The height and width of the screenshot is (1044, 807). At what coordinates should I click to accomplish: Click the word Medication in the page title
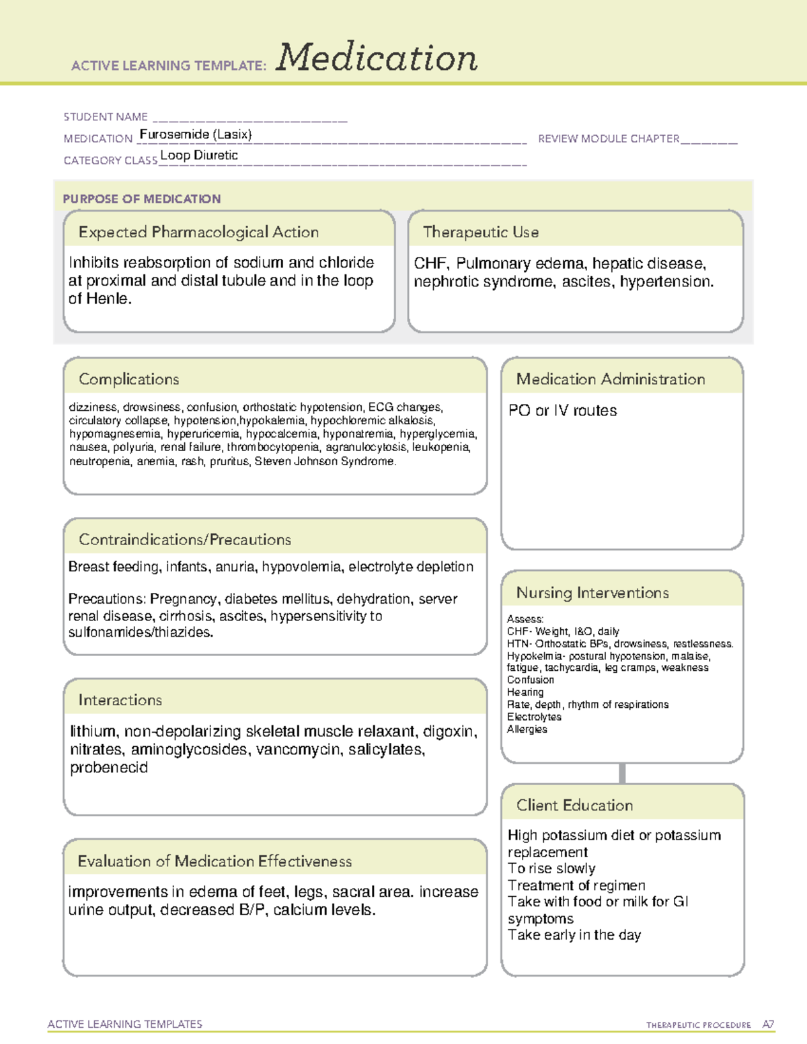coord(377,58)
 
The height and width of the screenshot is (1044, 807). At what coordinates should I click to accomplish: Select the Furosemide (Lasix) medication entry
coord(195,134)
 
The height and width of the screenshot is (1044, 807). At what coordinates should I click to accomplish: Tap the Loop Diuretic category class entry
coord(199,155)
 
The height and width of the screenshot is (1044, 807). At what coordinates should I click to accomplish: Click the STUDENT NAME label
coord(106,117)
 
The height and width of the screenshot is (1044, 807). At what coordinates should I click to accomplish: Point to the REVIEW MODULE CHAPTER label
coord(609,138)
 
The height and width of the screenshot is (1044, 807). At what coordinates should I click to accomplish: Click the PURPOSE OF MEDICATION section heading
coord(142,199)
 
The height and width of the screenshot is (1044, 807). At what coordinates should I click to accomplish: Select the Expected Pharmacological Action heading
coord(198,232)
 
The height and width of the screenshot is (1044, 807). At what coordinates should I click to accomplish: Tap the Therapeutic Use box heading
coord(480,232)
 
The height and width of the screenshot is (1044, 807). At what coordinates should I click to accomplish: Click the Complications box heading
coord(129,379)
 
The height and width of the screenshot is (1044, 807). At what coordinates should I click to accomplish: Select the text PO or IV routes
coord(562,411)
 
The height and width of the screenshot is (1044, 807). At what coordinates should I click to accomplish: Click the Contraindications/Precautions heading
coord(185,539)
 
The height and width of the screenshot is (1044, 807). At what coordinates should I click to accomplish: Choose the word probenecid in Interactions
coord(109,768)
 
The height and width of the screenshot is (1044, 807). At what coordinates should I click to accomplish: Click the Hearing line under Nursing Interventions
coord(525,692)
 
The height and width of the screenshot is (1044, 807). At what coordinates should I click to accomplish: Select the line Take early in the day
coord(574,935)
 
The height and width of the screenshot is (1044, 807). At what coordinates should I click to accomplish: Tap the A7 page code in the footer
coord(768,1025)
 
